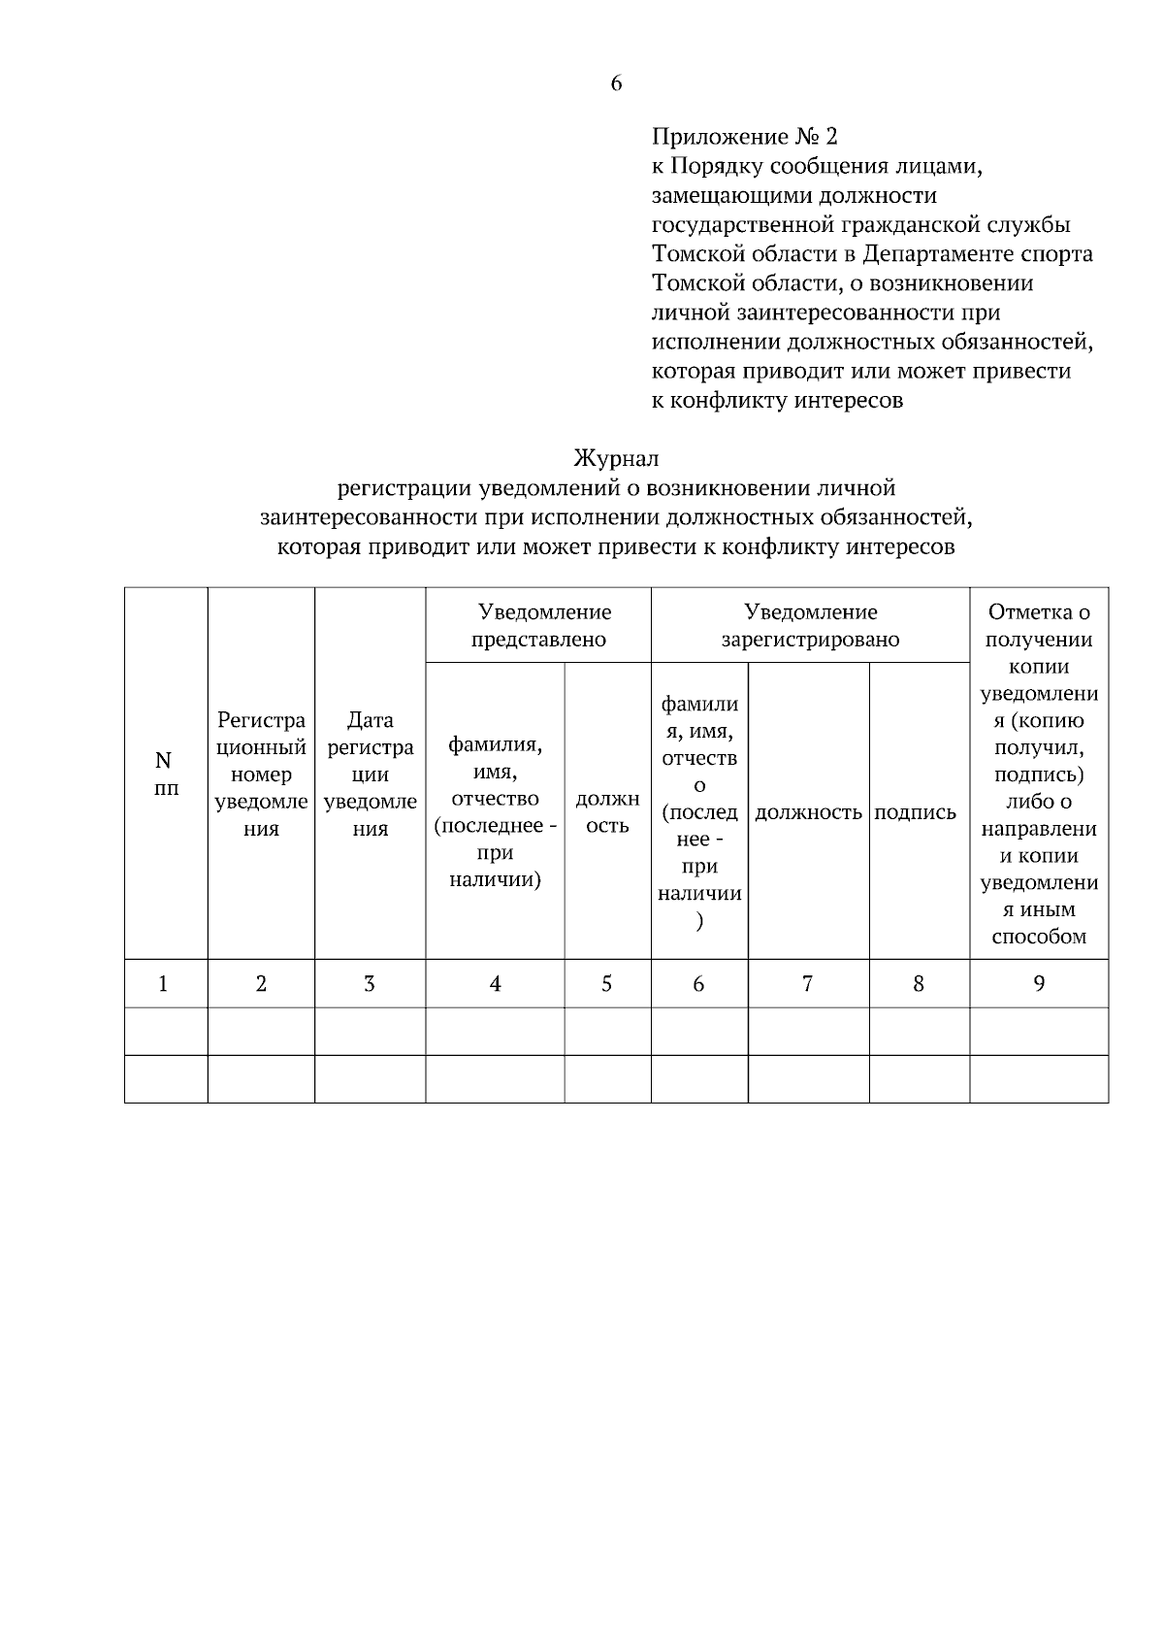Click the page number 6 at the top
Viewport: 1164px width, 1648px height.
pos(616,83)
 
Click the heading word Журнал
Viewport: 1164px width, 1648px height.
pos(616,457)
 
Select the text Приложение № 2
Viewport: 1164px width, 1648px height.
pos(744,136)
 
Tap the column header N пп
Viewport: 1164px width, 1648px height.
pos(165,774)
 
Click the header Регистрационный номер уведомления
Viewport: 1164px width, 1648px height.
pos(261,774)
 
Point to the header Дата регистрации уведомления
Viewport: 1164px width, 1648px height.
pos(370,774)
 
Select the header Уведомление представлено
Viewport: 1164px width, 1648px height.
pos(538,625)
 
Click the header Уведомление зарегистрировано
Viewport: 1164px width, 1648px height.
pos(810,625)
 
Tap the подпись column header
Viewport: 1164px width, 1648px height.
pos(916,812)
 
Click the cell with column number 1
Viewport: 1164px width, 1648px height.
pos(164,983)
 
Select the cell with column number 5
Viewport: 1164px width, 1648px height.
pos(606,983)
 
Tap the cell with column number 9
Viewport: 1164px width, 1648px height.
pos(1039,983)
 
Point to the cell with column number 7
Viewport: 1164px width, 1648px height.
pos(807,983)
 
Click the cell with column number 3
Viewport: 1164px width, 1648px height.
pos(369,983)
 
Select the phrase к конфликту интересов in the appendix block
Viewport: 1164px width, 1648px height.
pos(777,400)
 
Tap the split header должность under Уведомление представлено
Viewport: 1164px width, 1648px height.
pos(607,812)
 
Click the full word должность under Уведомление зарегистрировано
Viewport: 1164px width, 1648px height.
pos(808,812)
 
